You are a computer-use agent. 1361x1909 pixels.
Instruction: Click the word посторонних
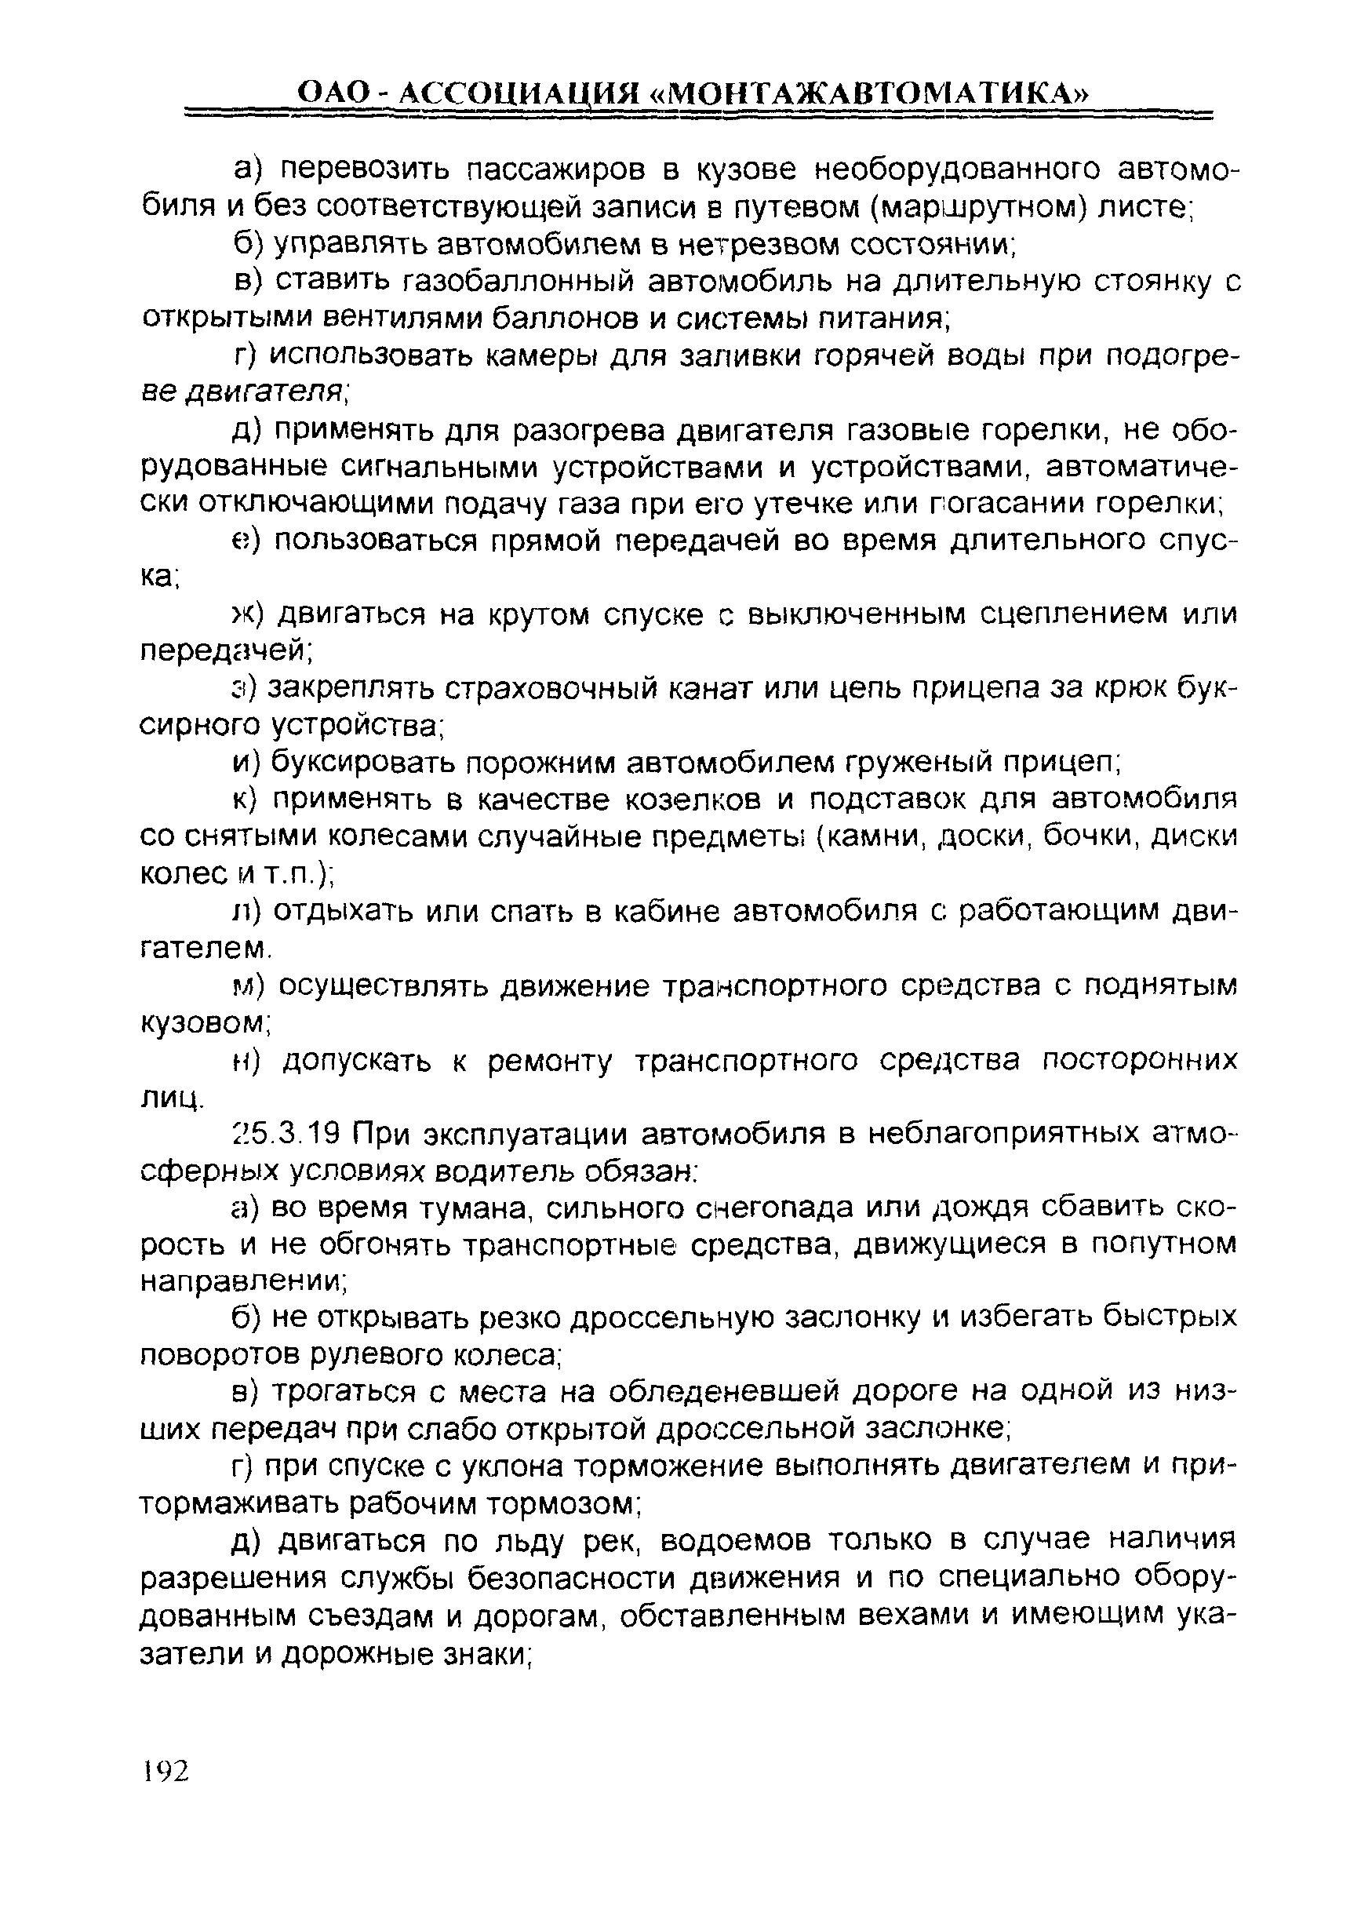point(1139,1061)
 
